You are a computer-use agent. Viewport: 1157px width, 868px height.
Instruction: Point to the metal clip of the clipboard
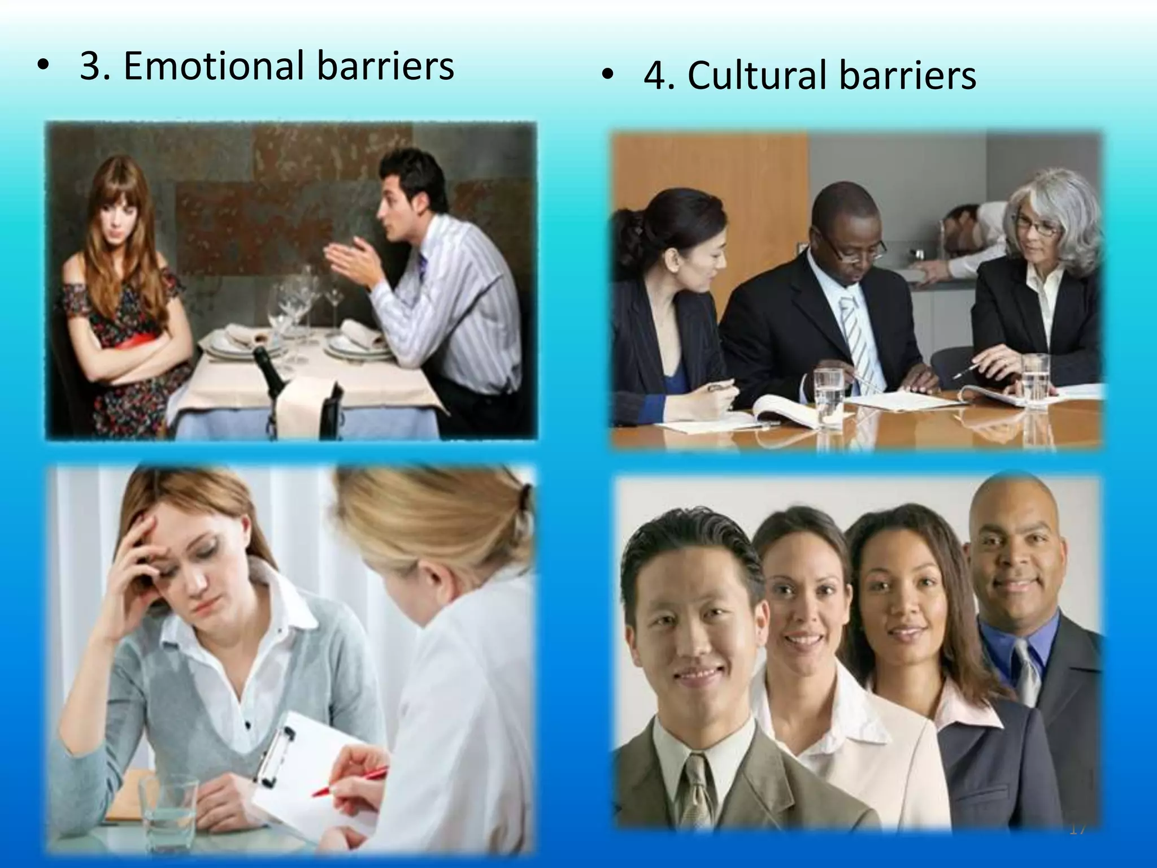click(x=277, y=749)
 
